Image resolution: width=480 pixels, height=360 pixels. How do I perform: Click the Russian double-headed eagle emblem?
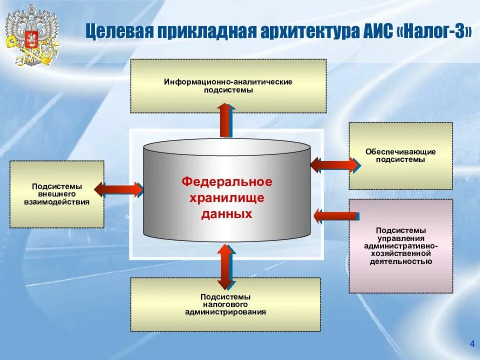(x=31, y=35)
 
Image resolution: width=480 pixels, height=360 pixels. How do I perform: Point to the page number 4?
(x=471, y=343)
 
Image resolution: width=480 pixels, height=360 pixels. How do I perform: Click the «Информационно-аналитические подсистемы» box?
(x=228, y=86)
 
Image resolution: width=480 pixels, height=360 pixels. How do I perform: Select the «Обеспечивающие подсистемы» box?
(x=400, y=155)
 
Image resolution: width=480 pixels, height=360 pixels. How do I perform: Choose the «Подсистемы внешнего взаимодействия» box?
(x=57, y=194)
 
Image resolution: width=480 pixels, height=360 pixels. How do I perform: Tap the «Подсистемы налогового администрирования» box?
(x=225, y=304)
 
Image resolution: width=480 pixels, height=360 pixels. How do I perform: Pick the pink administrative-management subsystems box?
(x=400, y=245)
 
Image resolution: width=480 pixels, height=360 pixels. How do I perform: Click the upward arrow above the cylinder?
(x=226, y=120)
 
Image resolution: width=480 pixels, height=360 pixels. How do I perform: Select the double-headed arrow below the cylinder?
(x=226, y=266)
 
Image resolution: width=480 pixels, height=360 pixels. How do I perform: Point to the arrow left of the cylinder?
(x=118, y=188)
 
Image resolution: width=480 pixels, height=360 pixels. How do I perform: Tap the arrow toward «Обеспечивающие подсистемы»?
(x=334, y=164)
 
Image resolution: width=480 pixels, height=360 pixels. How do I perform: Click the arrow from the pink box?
(x=334, y=216)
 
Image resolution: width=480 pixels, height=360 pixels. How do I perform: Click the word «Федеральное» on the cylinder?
(x=226, y=181)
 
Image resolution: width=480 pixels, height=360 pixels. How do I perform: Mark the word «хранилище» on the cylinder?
(x=226, y=198)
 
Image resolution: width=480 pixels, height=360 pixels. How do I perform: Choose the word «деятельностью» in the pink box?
(x=400, y=261)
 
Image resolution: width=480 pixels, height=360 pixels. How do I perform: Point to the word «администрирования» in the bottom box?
(x=225, y=312)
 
